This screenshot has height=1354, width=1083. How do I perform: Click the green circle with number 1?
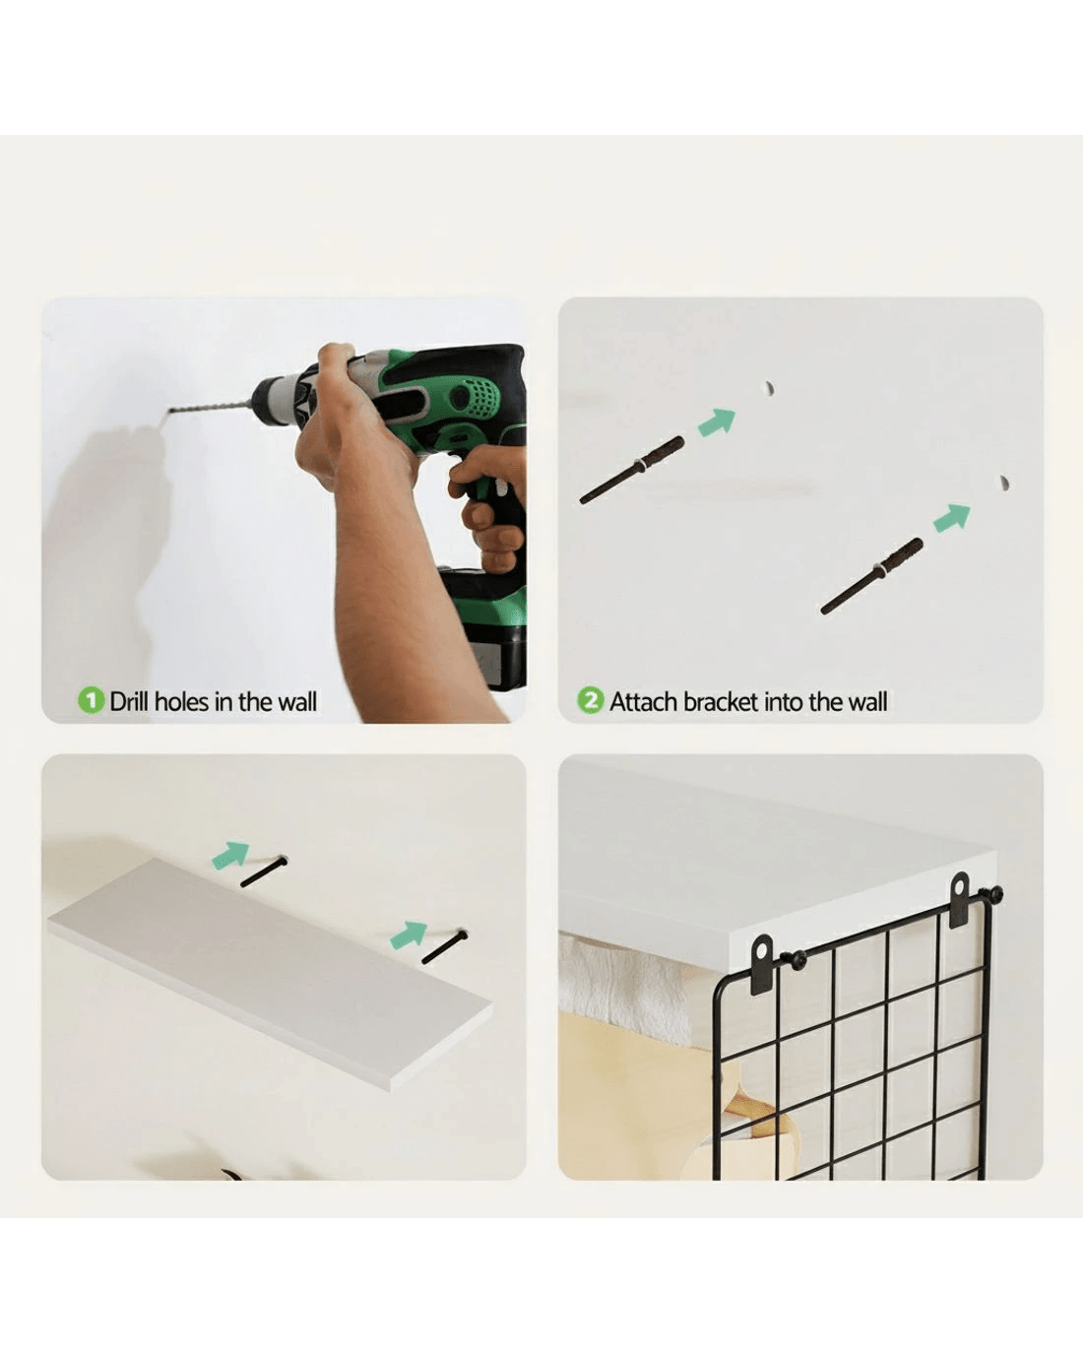(91, 700)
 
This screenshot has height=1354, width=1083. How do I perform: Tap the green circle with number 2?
(591, 700)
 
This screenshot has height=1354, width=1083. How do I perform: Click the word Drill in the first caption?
(129, 701)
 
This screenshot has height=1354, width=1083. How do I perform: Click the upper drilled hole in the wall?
(768, 388)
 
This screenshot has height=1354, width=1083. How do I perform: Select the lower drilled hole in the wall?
(1004, 484)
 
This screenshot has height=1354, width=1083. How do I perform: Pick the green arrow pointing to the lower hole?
(952, 517)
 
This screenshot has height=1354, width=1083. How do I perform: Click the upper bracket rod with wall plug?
(632, 470)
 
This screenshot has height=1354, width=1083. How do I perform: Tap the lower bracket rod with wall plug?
(872, 576)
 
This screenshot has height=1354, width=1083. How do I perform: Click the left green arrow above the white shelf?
(230, 855)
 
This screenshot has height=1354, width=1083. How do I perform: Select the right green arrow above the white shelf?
(409, 935)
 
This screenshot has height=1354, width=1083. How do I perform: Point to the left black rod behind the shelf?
(264, 870)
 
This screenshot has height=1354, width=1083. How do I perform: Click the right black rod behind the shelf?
(444, 945)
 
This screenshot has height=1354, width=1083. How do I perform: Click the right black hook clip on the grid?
(960, 900)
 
